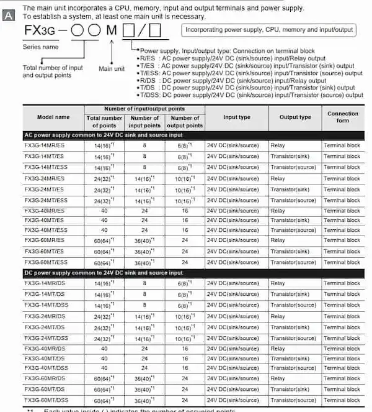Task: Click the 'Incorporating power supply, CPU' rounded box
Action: click(269, 30)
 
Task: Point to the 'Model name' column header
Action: click(53, 117)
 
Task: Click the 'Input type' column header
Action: click(236, 117)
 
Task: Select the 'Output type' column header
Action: click(295, 117)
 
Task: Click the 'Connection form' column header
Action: click(343, 117)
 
